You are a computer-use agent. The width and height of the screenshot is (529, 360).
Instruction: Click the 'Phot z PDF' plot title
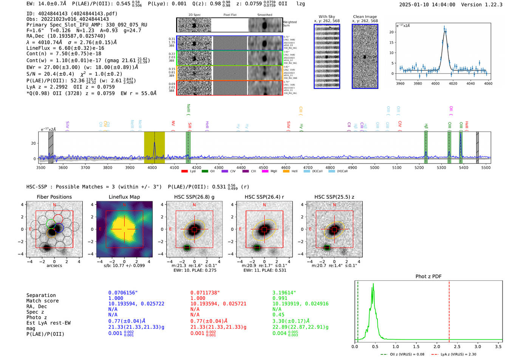(428, 276)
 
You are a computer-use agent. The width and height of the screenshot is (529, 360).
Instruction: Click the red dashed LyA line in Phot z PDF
(449, 310)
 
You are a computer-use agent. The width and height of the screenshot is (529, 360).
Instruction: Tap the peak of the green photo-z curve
(373, 288)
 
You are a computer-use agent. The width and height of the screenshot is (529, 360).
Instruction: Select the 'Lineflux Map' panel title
(124, 197)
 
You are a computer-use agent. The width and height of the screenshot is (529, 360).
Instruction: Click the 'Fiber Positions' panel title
(54, 197)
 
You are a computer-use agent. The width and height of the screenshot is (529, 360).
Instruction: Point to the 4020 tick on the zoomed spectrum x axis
(453, 83)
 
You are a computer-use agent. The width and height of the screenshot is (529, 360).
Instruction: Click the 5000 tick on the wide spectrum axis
(374, 167)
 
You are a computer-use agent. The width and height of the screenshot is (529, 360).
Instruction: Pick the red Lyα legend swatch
(184, 171)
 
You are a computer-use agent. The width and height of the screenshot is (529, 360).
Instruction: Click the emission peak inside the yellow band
(155, 143)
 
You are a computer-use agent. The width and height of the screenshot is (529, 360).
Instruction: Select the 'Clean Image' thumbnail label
(365, 17)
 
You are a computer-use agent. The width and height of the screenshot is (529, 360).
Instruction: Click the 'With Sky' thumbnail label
(326, 17)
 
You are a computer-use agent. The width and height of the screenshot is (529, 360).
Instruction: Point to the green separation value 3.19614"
(284, 293)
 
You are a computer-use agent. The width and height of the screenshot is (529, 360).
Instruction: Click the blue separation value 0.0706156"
(123, 293)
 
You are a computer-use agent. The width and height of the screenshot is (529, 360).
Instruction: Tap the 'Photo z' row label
(37, 317)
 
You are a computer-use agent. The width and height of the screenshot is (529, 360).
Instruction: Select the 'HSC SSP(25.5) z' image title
(334, 197)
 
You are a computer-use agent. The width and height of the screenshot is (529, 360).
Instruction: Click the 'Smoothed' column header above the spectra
(264, 15)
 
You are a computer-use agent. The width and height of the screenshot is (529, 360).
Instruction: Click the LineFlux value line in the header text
(65, 48)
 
